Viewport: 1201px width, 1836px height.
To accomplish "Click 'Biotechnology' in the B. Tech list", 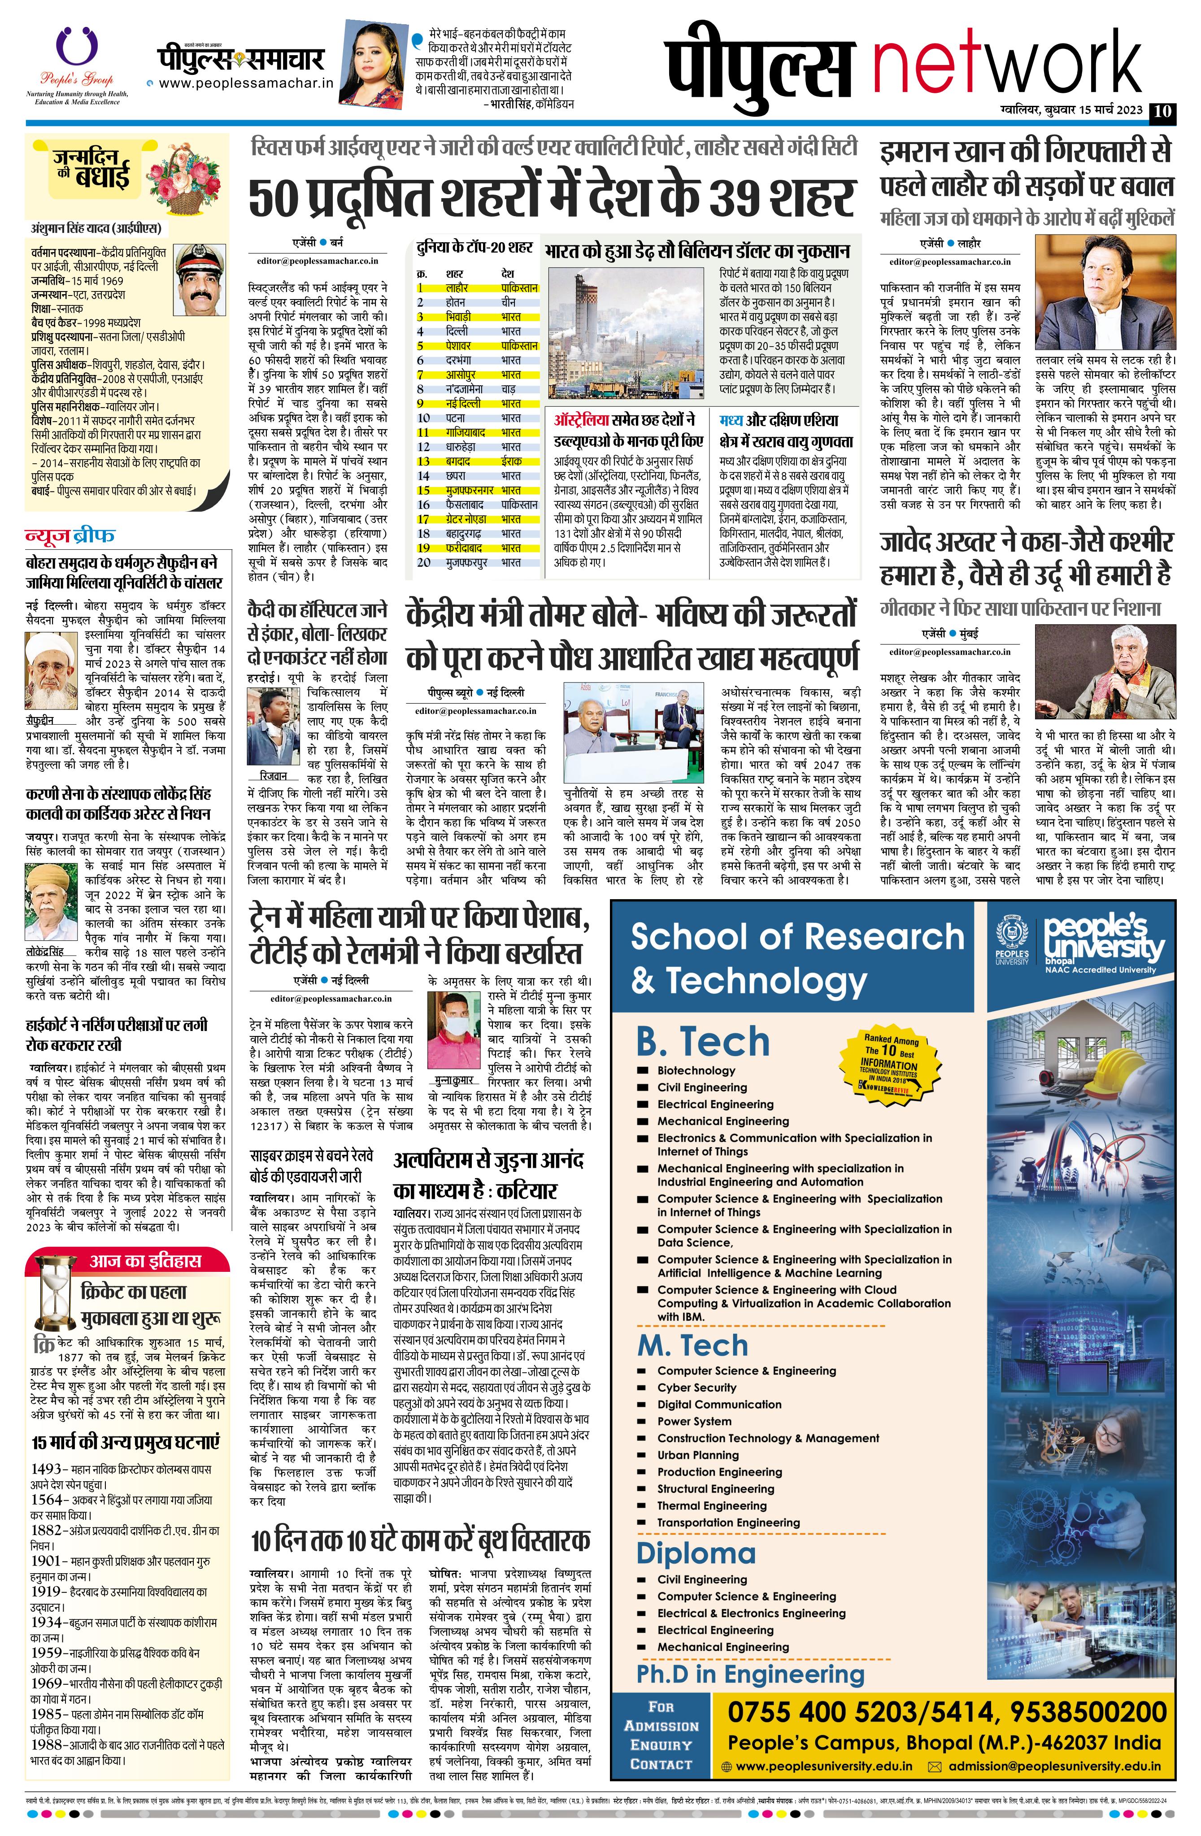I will [x=696, y=1070].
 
